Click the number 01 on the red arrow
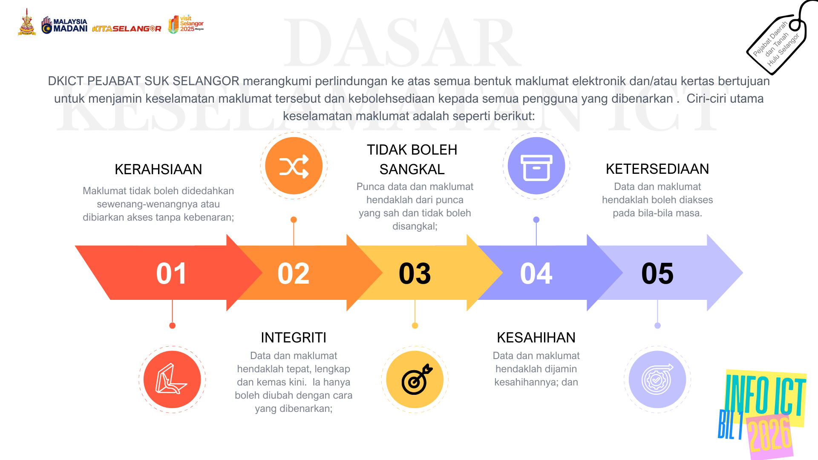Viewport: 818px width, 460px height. (x=171, y=273)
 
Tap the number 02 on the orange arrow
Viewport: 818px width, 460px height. (x=293, y=273)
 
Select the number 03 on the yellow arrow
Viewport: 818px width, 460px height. (x=415, y=273)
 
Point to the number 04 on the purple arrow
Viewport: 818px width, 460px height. (x=536, y=273)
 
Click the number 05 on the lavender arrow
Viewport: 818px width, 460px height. (x=657, y=273)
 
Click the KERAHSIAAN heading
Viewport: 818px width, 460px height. (x=158, y=170)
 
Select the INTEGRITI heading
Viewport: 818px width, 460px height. (x=294, y=338)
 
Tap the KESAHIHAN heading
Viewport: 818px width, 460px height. (x=536, y=338)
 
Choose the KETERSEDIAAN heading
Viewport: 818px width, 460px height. (x=657, y=169)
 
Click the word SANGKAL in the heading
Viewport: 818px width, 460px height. (x=412, y=170)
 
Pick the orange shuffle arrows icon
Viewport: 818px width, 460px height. (x=294, y=166)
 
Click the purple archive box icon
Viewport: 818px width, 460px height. (x=536, y=166)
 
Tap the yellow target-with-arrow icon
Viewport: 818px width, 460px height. (x=415, y=379)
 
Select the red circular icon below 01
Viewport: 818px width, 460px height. (x=172, y=379)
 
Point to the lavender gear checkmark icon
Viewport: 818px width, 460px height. (x=657, y=379)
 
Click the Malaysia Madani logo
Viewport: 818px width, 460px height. (x=64, y=25)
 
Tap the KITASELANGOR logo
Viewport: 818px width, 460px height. (x=127, y=29)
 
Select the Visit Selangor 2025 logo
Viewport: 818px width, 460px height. (x=186, y=24)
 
